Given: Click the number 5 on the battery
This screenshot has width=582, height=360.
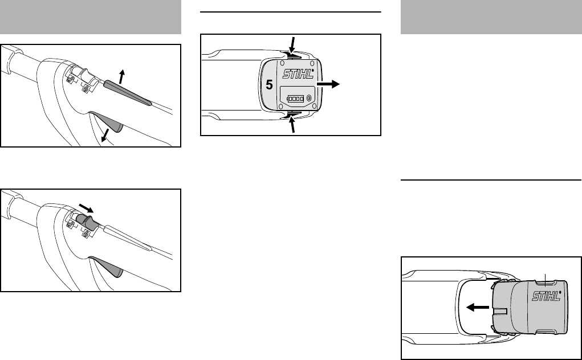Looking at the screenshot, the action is coord(270,85).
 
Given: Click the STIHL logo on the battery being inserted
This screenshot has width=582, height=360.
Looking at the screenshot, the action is coord(546,296).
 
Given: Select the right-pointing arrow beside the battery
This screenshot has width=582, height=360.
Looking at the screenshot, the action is coord(328,84).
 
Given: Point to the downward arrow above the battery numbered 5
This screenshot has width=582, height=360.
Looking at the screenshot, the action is coord(293,44).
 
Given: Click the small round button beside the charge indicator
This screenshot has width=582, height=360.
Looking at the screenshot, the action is coord(309,99).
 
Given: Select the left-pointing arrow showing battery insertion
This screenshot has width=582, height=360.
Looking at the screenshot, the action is coord(477,307).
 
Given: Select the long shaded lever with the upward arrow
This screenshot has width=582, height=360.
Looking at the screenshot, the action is coord(126,93).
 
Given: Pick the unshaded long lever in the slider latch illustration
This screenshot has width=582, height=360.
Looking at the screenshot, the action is coord(127,238).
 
